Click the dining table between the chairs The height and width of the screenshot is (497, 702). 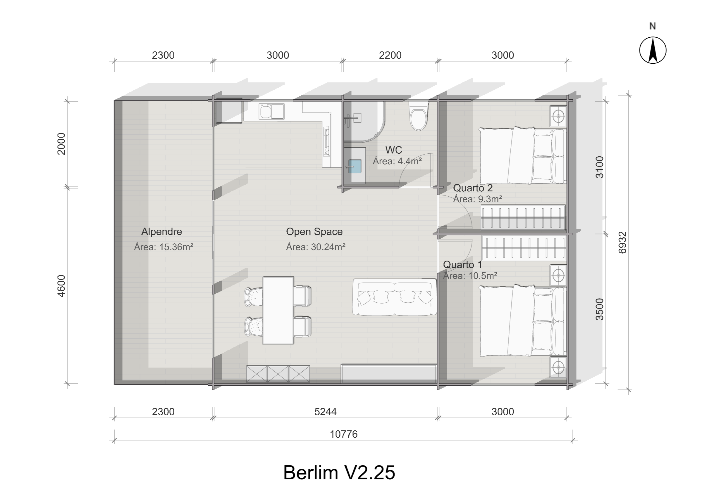click(278, 311)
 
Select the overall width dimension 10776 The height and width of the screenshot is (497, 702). click(343, 434)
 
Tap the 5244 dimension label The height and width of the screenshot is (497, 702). click(325, 412)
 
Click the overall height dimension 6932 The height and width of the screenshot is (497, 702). click(623, 243)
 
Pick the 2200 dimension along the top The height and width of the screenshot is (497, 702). click(390, 56)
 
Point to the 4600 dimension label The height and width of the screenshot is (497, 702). click(61, 286)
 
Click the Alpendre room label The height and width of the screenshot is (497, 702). click(161, 232)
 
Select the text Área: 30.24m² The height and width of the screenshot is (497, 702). click(316, 247)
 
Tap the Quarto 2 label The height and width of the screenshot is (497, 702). click(473, 188)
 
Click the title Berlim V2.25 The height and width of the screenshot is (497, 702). click(339, 472)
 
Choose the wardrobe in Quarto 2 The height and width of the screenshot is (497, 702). click(522, 218)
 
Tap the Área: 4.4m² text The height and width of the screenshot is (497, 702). click(397, 161)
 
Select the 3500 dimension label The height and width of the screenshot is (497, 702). click(599, 309)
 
